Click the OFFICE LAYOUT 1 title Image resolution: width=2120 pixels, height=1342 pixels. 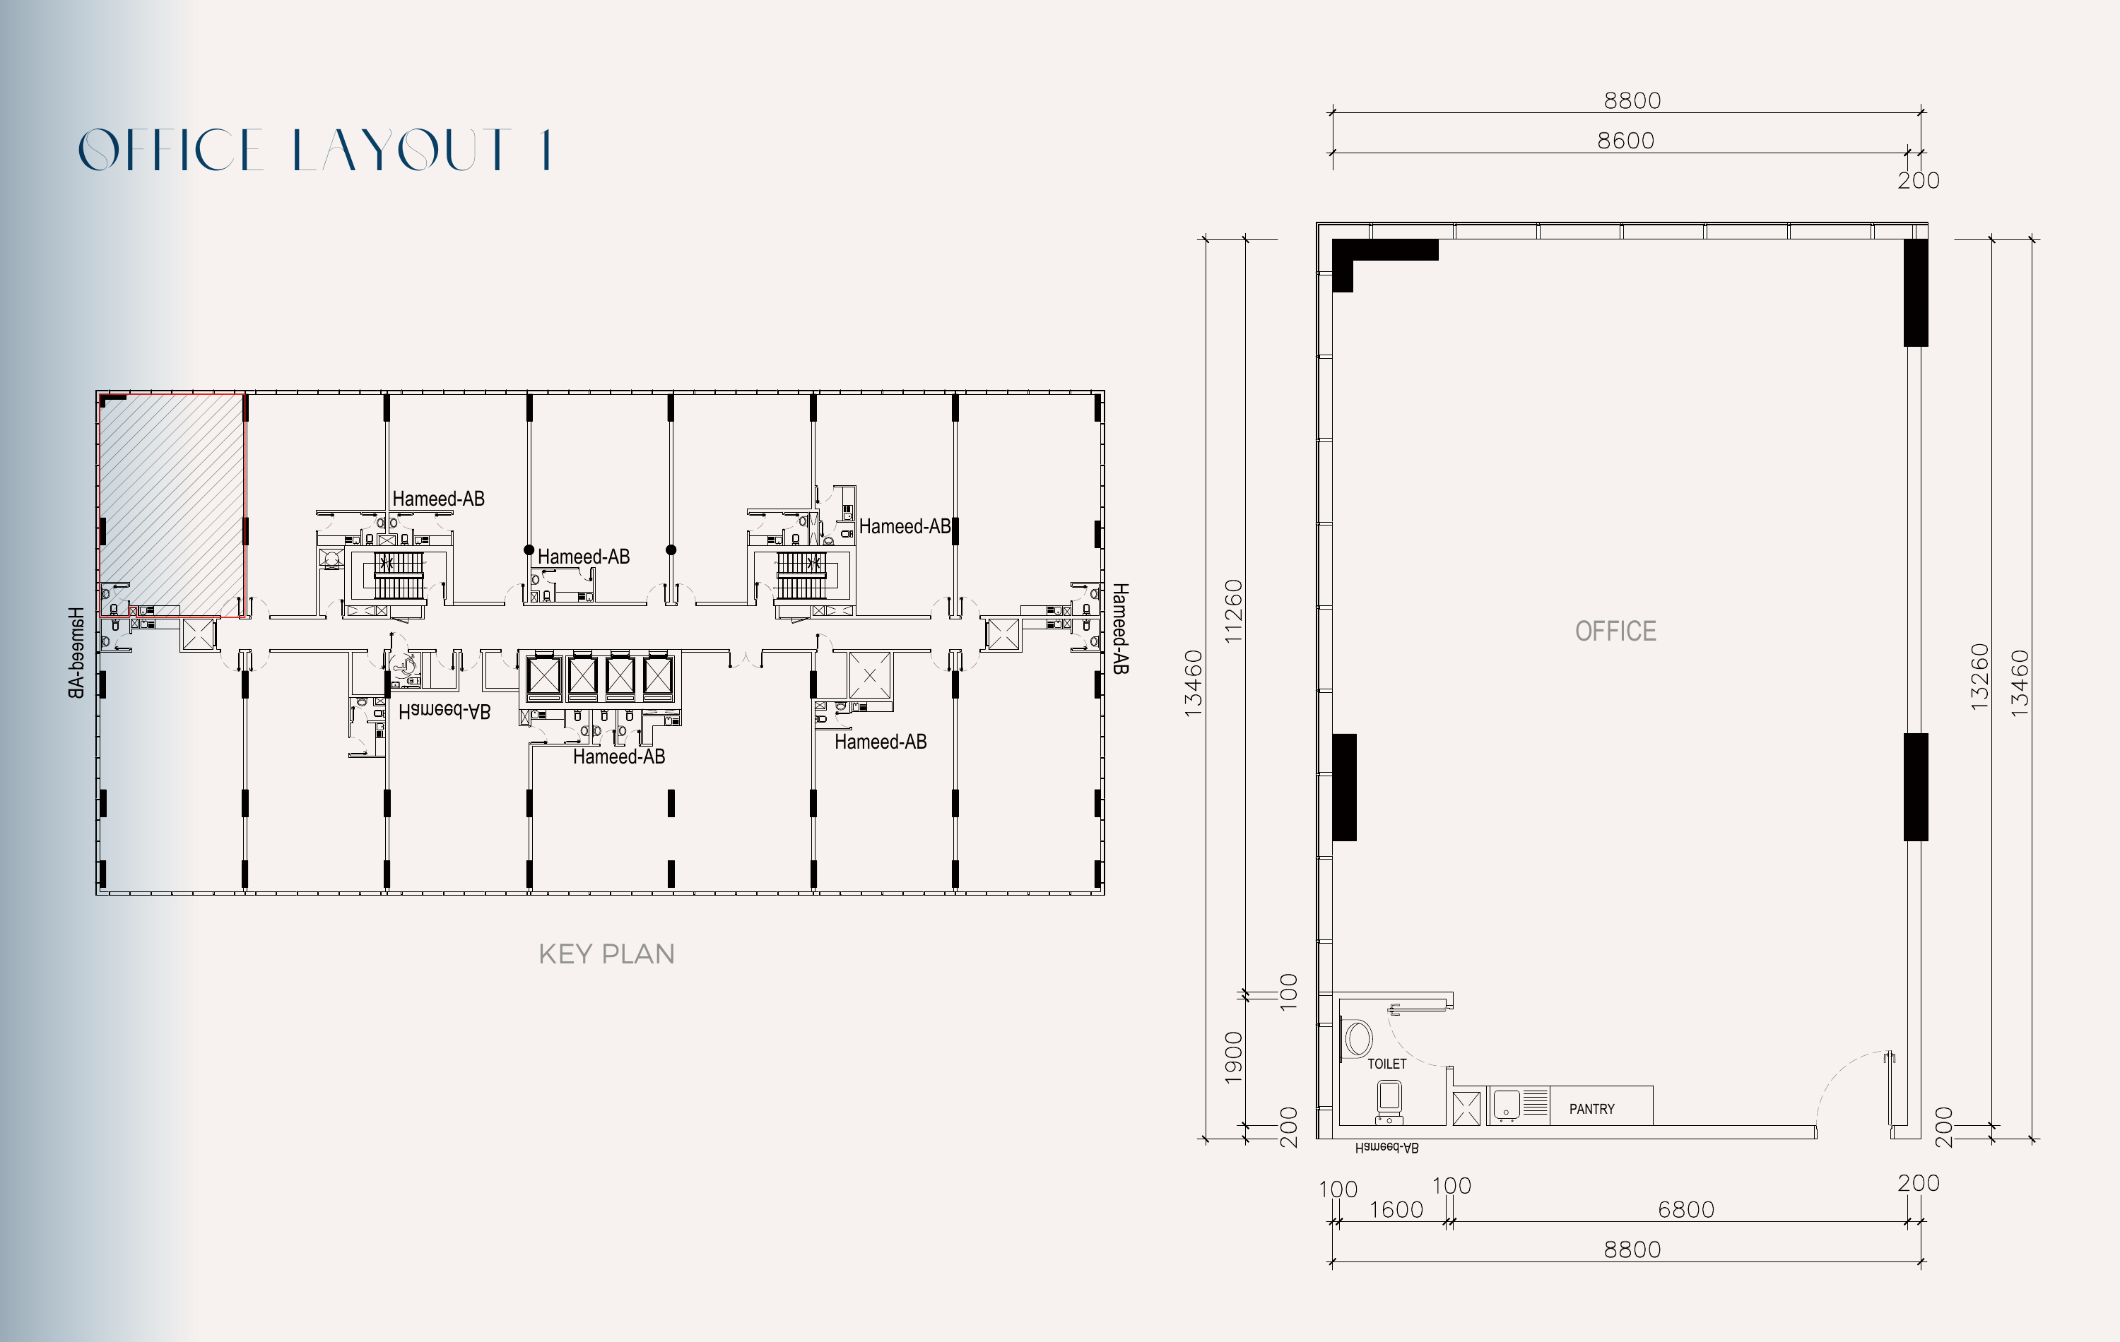pos(314,149)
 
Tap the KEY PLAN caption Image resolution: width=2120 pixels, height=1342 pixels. pos(606,954)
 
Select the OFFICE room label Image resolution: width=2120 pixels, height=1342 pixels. pos(1615,631)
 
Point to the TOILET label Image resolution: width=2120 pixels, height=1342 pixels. pos(1386,1064)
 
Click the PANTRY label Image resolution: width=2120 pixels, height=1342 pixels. pos(1591,1109)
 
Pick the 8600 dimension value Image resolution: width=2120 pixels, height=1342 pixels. pos(1625,141)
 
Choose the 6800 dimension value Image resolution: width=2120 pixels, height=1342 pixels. pos(1685,1209)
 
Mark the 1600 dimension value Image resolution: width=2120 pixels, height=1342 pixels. pos(1396,1209)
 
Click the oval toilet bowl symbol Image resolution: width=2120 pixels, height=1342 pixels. pos(1358,1038)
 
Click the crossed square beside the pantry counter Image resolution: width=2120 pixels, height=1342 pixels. pos(1466,1108)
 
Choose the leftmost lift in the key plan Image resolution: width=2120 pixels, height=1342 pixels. pos(543,677)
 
